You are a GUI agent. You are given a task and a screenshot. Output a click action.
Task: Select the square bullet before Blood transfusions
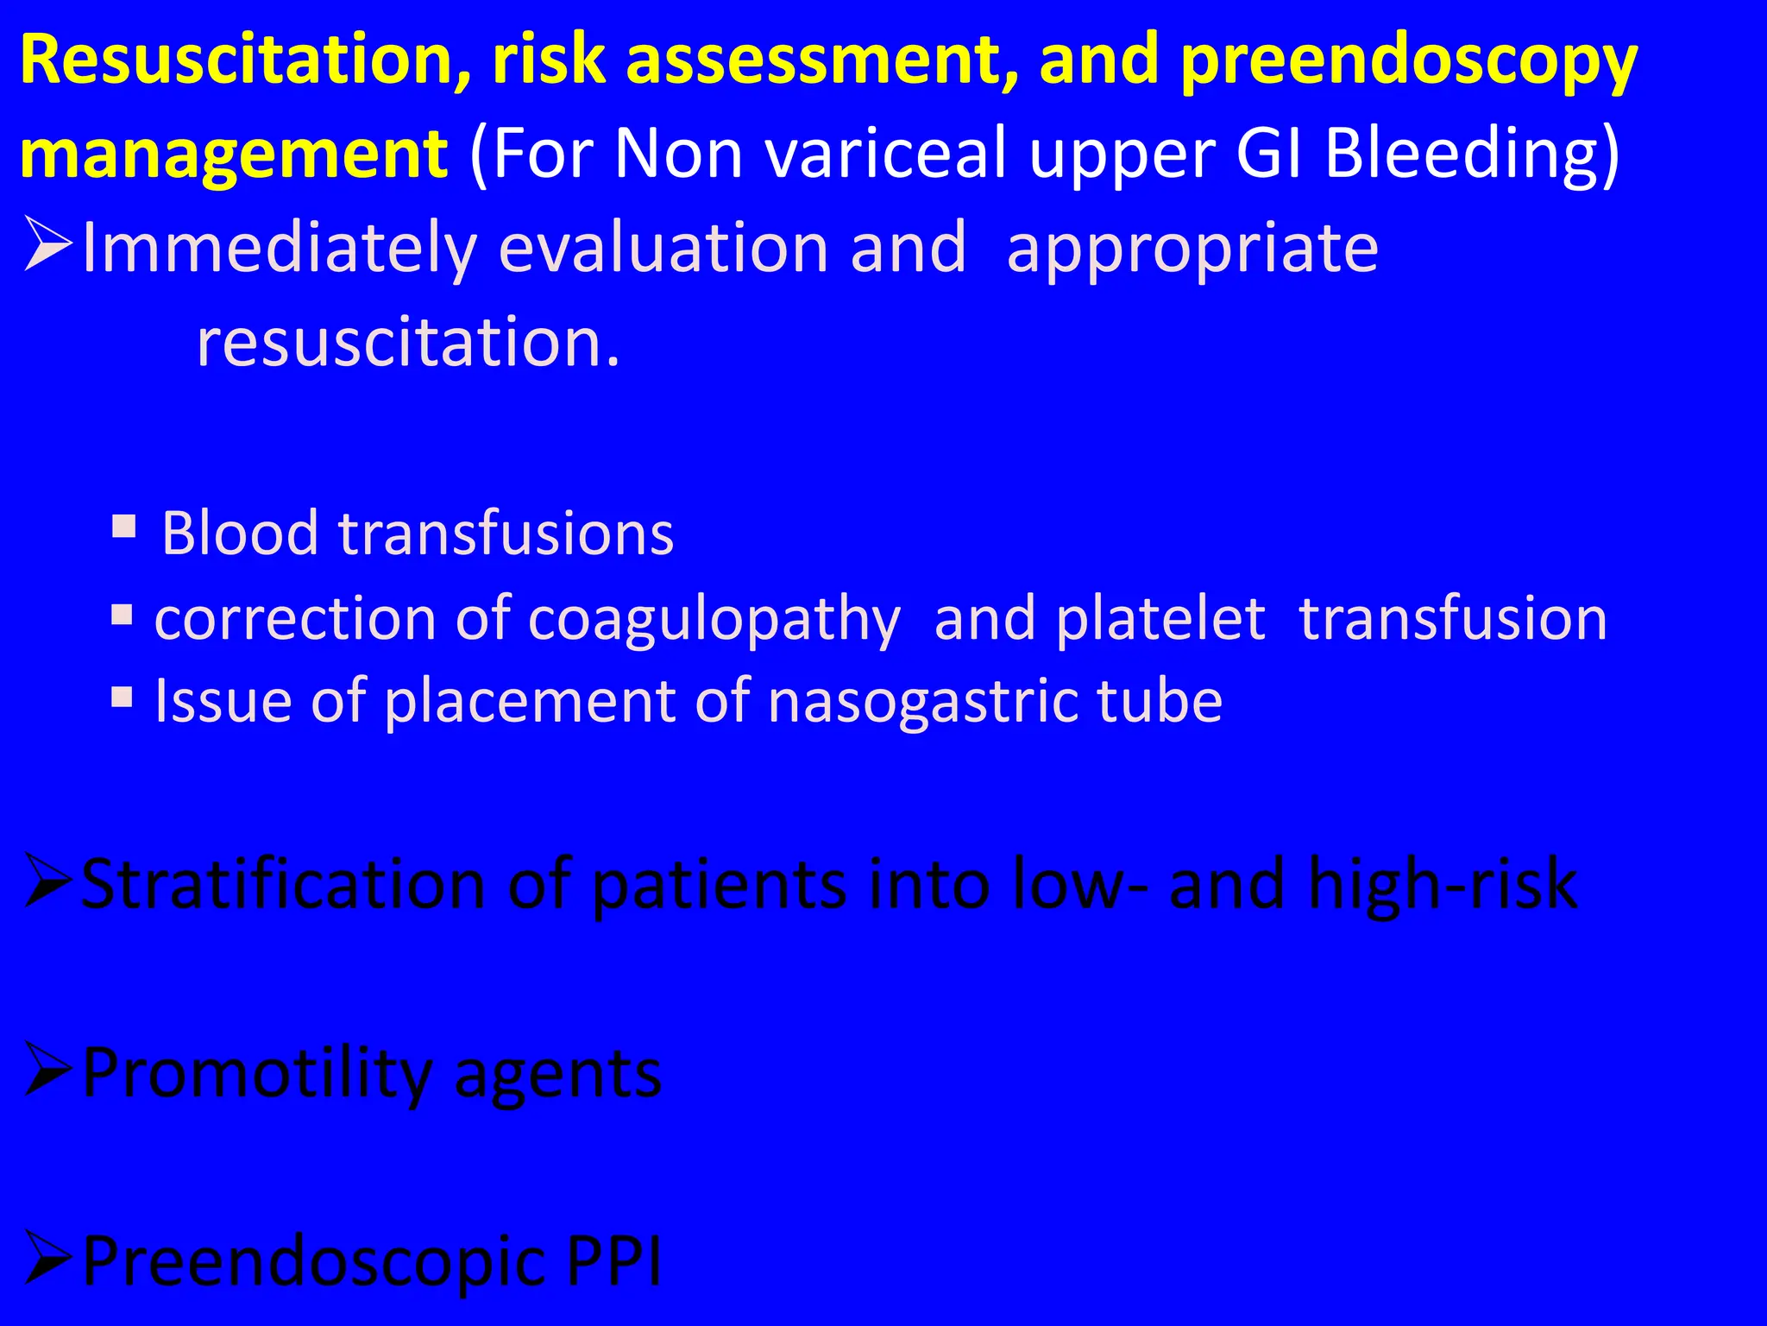[x=124, y=526]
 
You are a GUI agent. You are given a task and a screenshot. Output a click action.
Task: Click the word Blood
[x=240, y=533]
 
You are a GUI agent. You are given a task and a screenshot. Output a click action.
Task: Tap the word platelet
[x=1160, y=619]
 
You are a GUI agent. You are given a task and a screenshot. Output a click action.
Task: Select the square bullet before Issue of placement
[x=123, y=696]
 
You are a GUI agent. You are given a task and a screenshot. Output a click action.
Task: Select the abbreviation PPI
[x=613, y=1261]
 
